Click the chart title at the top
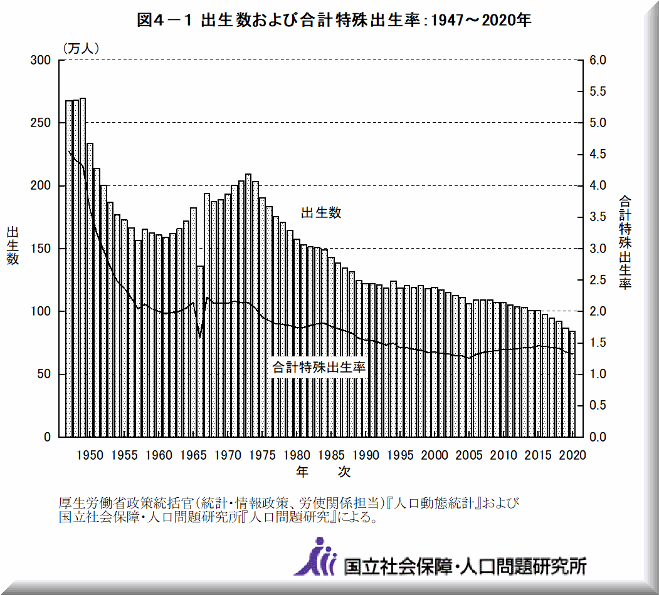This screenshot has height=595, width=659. coord(334,20)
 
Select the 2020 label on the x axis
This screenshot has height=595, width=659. coord(572,455)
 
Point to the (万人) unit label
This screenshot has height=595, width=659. coord(80,48)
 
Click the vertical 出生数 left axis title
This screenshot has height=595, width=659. coord(13,246)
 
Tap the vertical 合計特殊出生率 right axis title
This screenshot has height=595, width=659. coord(625,242)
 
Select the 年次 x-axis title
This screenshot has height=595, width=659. coord(323,472)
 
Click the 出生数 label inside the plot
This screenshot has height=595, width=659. coord(321,213)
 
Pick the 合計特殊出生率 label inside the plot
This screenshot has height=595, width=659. coord(319,368)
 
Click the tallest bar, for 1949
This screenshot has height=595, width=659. coord(83,269)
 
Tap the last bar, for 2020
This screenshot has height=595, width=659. coord(572,384)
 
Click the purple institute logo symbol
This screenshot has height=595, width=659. coord(316,557)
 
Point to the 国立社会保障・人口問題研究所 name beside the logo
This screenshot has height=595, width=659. coord(465,566)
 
